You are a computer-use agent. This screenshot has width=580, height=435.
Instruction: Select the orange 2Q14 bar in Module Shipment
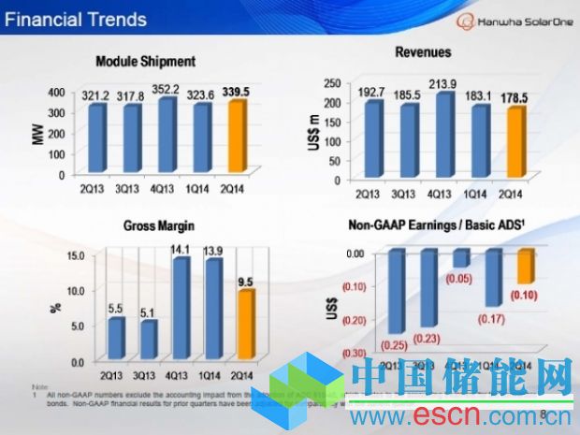pyautogui.click(x=238, y=138)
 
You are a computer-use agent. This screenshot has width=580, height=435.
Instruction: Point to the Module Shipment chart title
pyautogui.click(x=145, y=62)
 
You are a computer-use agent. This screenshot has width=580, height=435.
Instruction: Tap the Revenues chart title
pyautogui.click(x=423, y=53)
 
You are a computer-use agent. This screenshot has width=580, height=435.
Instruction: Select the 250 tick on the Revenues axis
pyautogui.click(x=331, y=85)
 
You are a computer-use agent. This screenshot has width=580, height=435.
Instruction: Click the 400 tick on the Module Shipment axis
pyautogui.click(x=55, y=92)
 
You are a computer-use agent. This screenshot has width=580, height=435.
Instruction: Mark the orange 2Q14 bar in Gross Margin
pyautogui.click(x=244, y=324)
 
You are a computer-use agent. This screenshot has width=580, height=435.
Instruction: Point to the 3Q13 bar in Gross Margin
pyautogui.click(x=147, y=339)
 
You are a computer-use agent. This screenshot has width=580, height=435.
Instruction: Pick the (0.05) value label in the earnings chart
pyautogui.click(x=457, y=278)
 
